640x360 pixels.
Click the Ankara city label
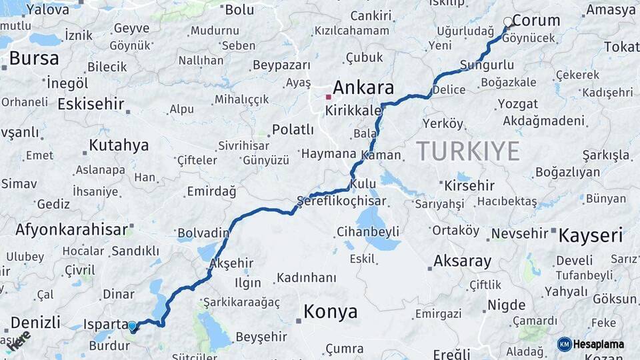363,87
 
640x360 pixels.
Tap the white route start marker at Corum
508,22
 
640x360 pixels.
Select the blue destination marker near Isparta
132,327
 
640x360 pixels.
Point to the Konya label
330,311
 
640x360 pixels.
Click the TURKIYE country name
468,151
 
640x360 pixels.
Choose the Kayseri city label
590,235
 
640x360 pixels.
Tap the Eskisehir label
91,104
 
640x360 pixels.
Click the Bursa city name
33,58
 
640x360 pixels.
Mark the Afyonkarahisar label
71,229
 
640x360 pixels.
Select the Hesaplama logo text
599,344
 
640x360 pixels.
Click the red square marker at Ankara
328,97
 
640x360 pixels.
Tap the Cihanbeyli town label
368,231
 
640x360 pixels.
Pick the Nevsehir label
518,234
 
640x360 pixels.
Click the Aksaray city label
462,261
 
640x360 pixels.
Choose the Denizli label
35,322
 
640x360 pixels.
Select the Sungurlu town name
487,65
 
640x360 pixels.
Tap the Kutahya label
119,145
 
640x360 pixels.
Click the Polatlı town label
293,129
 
